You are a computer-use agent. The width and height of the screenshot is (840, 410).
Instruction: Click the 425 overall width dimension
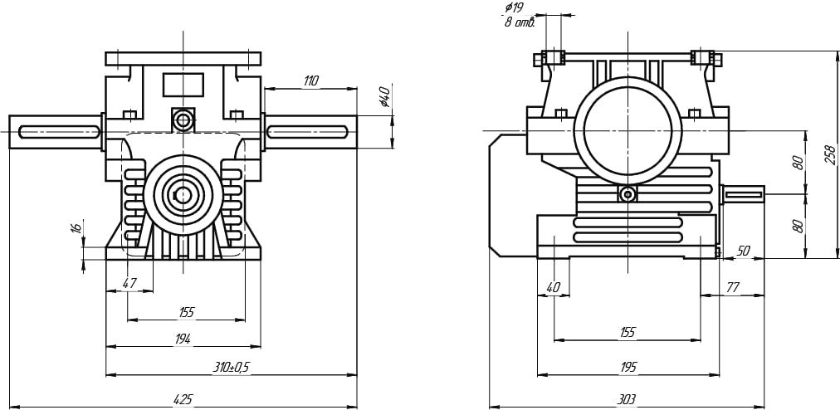[x=183, y=399]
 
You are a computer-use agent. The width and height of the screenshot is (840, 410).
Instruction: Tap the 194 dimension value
[x=183, y=339]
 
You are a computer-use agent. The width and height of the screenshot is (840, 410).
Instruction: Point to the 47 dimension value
[x=129, y=283]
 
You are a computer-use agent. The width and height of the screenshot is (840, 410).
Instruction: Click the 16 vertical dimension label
[x=76, y=228]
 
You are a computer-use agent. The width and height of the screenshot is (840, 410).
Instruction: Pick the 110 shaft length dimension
[x=310, y=81]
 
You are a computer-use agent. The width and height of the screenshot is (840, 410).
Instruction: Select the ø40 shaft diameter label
[x=383, y=97]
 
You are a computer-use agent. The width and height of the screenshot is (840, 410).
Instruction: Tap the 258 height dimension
[x=829, y=154]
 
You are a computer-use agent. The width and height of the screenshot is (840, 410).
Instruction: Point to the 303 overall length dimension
[x=627, y=399]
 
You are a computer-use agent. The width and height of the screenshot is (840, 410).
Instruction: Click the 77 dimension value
[x=733, y=287]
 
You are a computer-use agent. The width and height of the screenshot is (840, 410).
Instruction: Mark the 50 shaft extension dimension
[x=743, y=251]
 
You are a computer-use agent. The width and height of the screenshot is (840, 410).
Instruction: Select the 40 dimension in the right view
[x=554, y=287]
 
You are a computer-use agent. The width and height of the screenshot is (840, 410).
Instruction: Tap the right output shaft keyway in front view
[x=307, y=130]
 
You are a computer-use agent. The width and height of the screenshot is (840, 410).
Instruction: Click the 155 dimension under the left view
[x=186, y=312]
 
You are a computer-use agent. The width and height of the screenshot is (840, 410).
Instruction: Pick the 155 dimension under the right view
[x=628, y=332]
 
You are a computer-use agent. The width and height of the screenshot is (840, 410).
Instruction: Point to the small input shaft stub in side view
[x=743, y=195]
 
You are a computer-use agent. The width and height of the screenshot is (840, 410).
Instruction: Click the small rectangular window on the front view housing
[x=183, y=83]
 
